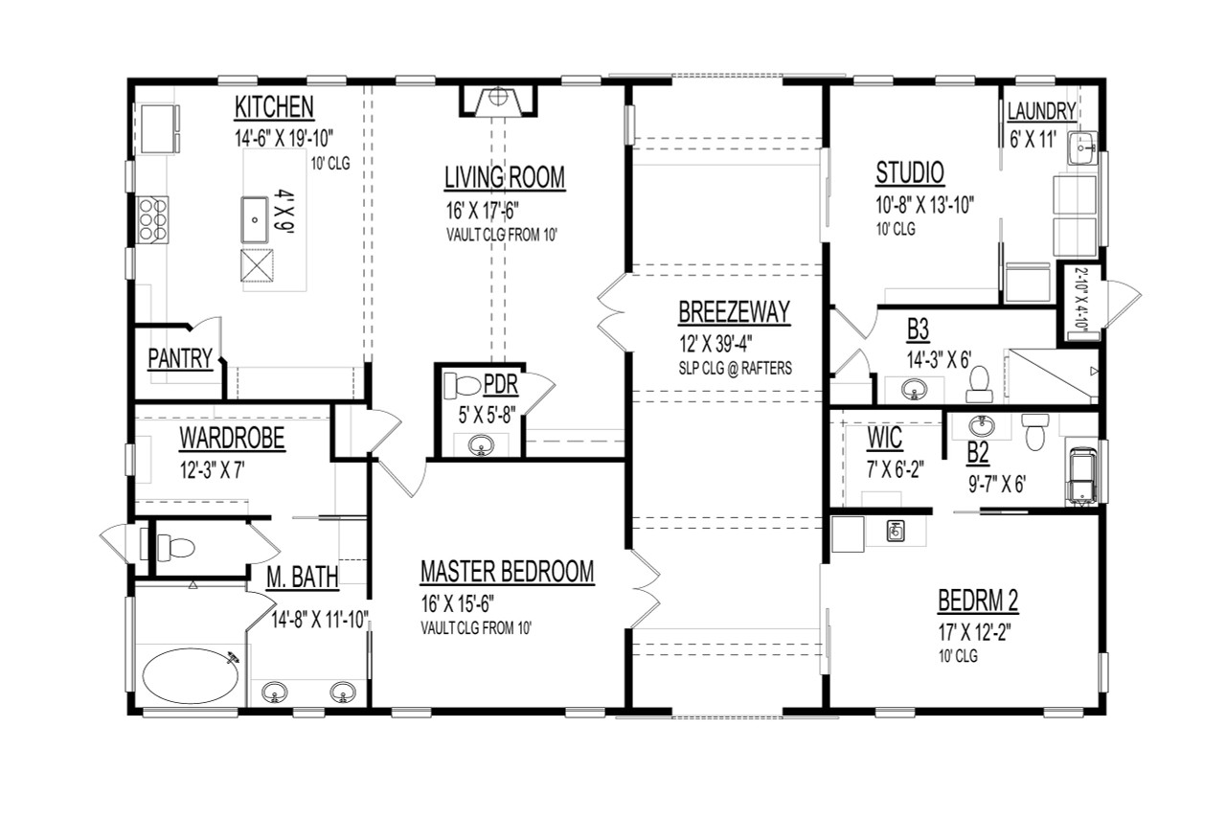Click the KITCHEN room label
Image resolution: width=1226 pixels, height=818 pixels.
275,106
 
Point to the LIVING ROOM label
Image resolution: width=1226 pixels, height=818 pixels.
504,178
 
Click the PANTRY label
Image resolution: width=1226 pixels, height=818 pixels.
179,358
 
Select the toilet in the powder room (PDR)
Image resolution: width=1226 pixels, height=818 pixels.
463,385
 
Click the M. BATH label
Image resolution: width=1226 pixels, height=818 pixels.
302,577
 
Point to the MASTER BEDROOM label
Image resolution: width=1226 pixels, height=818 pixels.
507,573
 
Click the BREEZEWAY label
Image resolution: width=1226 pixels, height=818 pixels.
734,312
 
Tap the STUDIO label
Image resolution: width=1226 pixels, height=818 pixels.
910,173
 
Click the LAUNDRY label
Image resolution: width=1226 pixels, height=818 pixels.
1041,112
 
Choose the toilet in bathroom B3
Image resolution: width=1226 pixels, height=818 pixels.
979,381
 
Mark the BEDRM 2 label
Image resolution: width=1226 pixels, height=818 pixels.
977,602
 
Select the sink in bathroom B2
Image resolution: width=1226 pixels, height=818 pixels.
978,424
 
